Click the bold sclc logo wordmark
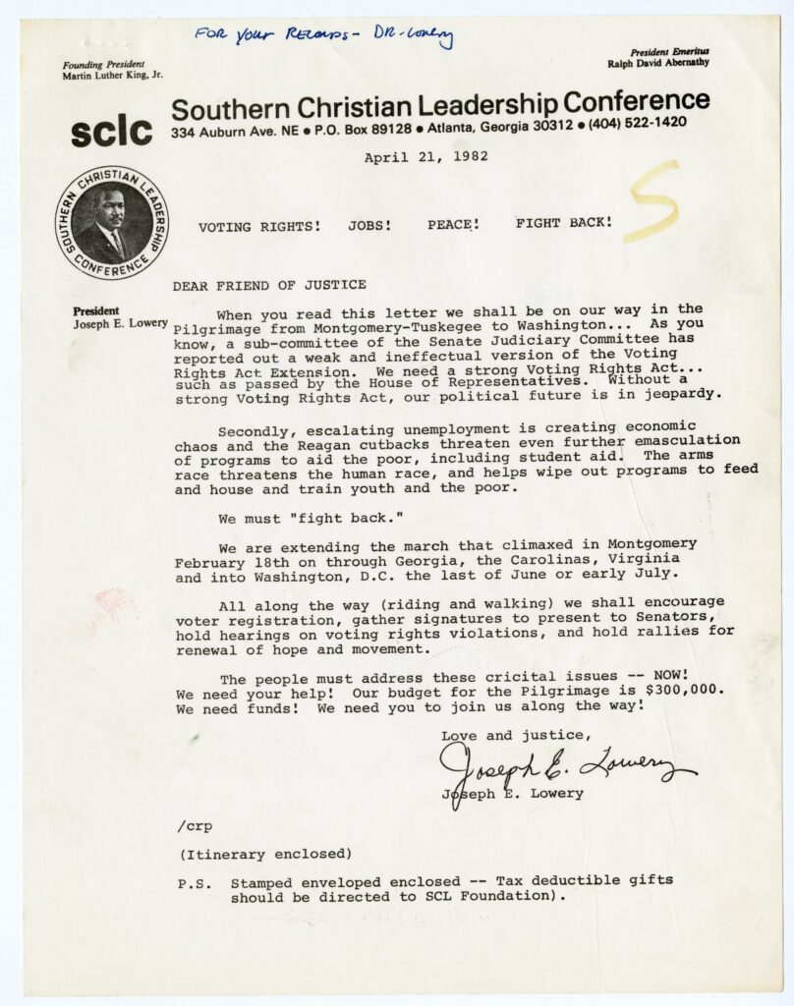pos(111,131)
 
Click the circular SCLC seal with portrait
pos(112,222)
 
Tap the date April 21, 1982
pos(425,157)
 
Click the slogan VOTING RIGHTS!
pos(259,226)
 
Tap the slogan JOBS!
pos(369,225)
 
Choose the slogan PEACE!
pos(453,224)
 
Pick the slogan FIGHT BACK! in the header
pos(564,223)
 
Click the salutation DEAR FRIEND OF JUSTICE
pos(269,285)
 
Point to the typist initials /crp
pos(196,825)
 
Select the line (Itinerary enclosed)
pos(265,853)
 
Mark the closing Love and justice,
pos(517,734)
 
